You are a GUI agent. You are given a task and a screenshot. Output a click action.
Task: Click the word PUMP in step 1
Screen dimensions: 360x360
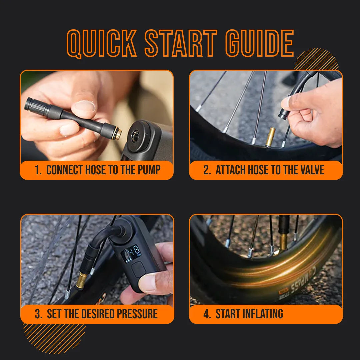pos(149,170)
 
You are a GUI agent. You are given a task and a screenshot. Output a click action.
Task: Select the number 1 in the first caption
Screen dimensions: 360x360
pos(37,170)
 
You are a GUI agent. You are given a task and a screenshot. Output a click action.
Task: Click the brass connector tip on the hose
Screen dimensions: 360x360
pos(117,134)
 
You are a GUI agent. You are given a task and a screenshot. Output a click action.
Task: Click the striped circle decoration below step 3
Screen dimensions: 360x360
pos(53,337)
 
